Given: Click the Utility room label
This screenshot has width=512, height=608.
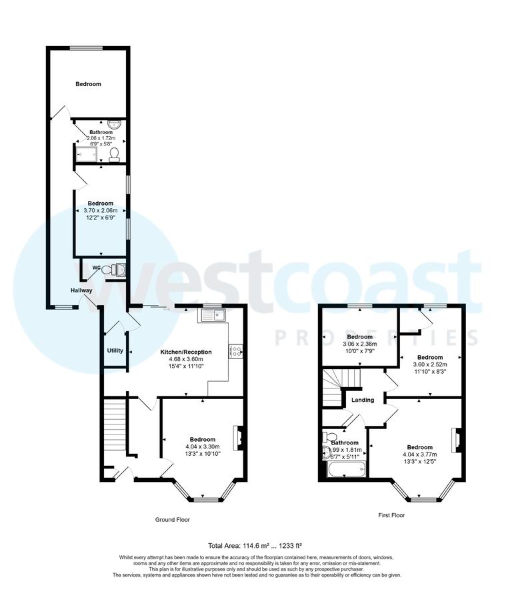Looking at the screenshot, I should click(115, 350).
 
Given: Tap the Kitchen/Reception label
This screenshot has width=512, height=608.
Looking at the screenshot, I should click(186, 352).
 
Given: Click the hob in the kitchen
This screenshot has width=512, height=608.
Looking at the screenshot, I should click(235, 351).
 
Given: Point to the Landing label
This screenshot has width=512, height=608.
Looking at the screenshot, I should click(363, 400).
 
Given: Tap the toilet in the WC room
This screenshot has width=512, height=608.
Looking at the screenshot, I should click(119, 269).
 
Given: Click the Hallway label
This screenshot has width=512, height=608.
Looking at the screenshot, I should click(81, 290).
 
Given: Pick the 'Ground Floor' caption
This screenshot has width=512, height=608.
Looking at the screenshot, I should click(173, 519).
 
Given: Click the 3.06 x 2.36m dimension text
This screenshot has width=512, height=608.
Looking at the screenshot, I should click(359, 344).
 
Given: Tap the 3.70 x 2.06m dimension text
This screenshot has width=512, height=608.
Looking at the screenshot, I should click(101, 210).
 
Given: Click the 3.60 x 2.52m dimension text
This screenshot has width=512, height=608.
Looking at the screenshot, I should click(430, 364).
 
